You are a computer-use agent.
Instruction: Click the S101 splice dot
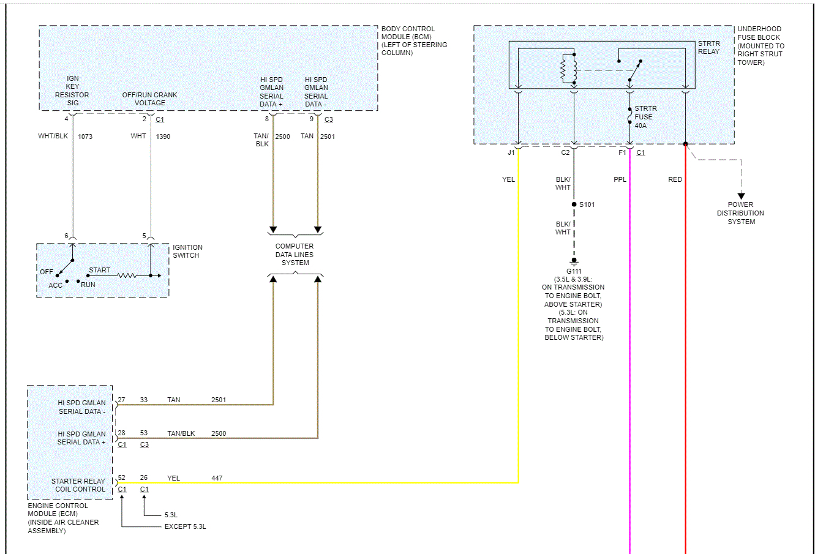click(x=574, y=204)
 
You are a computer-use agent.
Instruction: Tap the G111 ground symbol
click(x=574, y=262)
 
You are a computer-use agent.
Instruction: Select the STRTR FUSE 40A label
click(x=645, y=117)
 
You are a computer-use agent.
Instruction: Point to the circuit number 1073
click(x=85, y=137)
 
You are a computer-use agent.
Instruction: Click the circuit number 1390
click(x=163, y=137)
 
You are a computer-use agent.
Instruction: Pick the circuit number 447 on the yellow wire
click(x=217, y=478)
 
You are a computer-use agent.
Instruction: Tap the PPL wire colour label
click(x=620, y=179)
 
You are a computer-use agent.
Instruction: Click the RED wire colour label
click(x=675, y=179)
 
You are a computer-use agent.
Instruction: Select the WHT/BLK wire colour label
click(x=53, y=136)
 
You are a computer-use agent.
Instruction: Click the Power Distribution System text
click(x=741, y=213)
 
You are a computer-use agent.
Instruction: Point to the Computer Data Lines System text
click(x=295, y=255)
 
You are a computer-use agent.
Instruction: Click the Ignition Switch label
click(x=187, y=252)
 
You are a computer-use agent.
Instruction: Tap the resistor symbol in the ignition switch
click(x=126, y=275)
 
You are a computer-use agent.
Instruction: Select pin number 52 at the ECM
click(x=121, y=478)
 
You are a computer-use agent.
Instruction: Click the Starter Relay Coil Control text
click(x=79, y=485)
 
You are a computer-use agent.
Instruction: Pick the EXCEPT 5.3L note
click(x=185, y=526)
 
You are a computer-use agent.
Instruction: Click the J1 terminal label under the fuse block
click(x=511, y=152)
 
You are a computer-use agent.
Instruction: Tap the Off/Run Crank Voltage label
click(x=149, y=99)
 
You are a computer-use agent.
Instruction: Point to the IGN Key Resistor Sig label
click(x=72, y=91)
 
